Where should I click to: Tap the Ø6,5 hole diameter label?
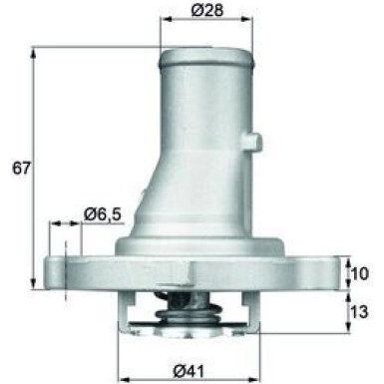point(102,213)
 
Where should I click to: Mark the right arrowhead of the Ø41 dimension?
point(244,354)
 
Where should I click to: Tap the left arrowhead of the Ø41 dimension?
point(123,354)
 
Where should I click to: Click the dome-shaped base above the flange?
point(190,241)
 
